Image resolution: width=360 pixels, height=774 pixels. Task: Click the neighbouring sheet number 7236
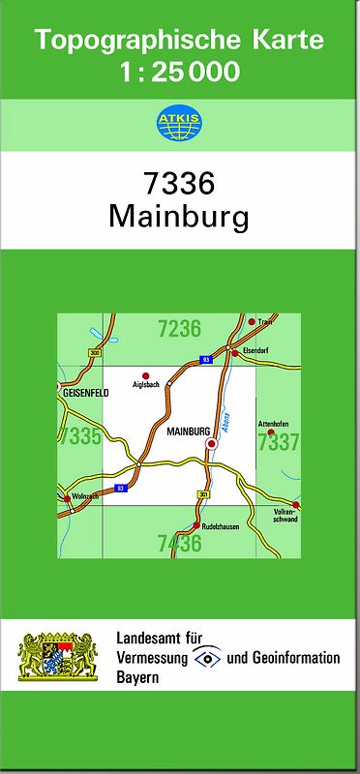(x=179, y=329)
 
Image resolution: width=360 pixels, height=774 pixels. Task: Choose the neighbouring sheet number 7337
(x=279, y=443)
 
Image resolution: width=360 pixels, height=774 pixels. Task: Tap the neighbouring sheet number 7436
(x=179, y=544)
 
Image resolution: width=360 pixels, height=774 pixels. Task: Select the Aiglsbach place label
(x=143, y=384)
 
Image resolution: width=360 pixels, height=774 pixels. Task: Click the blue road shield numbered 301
(x=203, y=494)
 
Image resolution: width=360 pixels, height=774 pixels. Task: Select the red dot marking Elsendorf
(x=234, y=353)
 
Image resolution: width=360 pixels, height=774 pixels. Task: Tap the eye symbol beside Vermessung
(x=207, y=658)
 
